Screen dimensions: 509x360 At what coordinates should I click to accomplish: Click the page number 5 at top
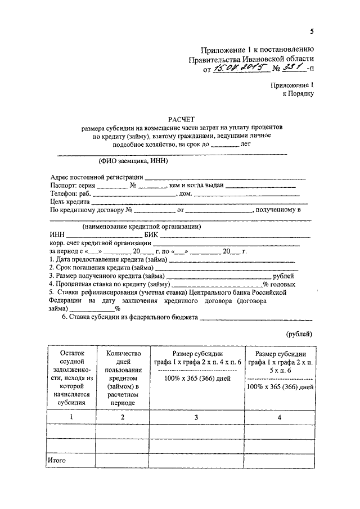point(312,31)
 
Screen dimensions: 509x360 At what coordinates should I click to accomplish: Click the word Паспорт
point(64,185)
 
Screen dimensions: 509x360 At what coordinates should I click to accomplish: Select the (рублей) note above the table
point(300,334)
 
